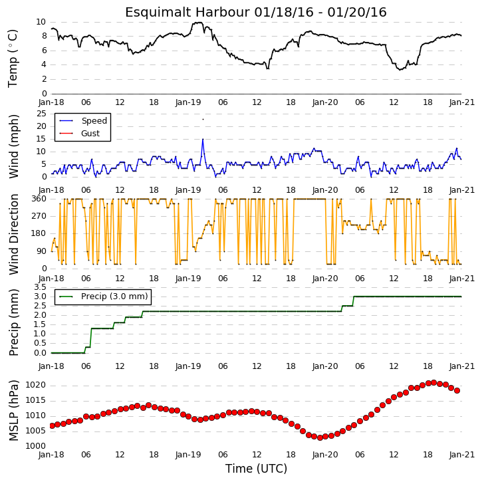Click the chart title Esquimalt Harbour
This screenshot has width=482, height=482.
(x=187, y=13)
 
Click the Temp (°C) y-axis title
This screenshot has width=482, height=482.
(x=13, y=59)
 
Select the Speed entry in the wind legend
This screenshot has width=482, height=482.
(x=83, y=121)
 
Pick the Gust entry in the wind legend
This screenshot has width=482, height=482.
(x=80, y=134)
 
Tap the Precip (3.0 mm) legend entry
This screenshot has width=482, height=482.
(x=104, y=297)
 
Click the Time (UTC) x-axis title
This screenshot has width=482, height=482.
(x=256, y=469)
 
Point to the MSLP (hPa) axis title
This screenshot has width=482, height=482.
(x=13, y=411)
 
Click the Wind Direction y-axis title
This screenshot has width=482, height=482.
(x=13, y=234)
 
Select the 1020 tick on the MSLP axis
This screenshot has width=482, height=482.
(x=35, y=385)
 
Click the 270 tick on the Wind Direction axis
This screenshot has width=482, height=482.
(x=39, y=216)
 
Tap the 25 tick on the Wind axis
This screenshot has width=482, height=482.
(x=41, y=114)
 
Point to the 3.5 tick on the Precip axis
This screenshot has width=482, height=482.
(x=40, y=287)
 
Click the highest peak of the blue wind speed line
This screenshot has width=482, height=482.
(x=203, y=139)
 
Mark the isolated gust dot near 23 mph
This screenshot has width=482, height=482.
(x=203, y=119)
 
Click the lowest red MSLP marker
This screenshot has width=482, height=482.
(x=320, y=437)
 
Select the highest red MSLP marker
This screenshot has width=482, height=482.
(x=433, y=383)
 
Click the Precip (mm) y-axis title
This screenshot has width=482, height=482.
(x=13, y=322)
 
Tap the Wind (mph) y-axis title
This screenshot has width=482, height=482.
(x=13, y=146)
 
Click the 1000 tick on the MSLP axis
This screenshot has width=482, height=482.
(x=35, y=445)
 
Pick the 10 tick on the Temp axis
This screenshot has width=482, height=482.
(x=41, y=22)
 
